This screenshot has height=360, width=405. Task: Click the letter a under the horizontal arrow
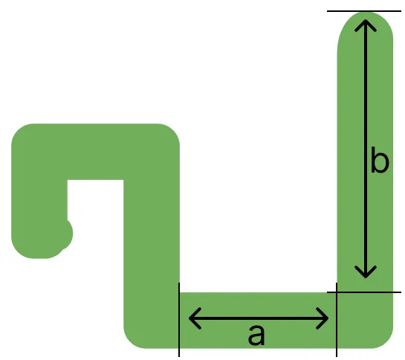[x=256, y=335]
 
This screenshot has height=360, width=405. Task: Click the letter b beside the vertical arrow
[x=380, y=160]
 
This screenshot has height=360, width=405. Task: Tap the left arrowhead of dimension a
[x=195, y=318]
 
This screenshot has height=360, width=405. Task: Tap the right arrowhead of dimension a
[x=323, y=318]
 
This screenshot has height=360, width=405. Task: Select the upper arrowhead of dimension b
[x=366, y=25]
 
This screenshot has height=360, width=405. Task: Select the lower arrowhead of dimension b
[x=366, y=271]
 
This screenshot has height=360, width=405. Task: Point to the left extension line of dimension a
[x=179, y=320]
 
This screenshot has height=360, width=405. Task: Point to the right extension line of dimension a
[x=337, y=320]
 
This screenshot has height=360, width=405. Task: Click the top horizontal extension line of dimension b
[x=364, y=11]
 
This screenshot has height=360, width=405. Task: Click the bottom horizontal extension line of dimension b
[x=364, y=292]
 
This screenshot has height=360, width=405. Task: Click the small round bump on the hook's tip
[x=67, y=234]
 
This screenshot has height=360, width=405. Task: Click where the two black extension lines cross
[x=337, y=292]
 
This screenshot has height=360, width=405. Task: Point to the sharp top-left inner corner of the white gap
[x=68, y=180]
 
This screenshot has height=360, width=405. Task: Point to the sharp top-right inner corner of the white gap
[x=123, y=180]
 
